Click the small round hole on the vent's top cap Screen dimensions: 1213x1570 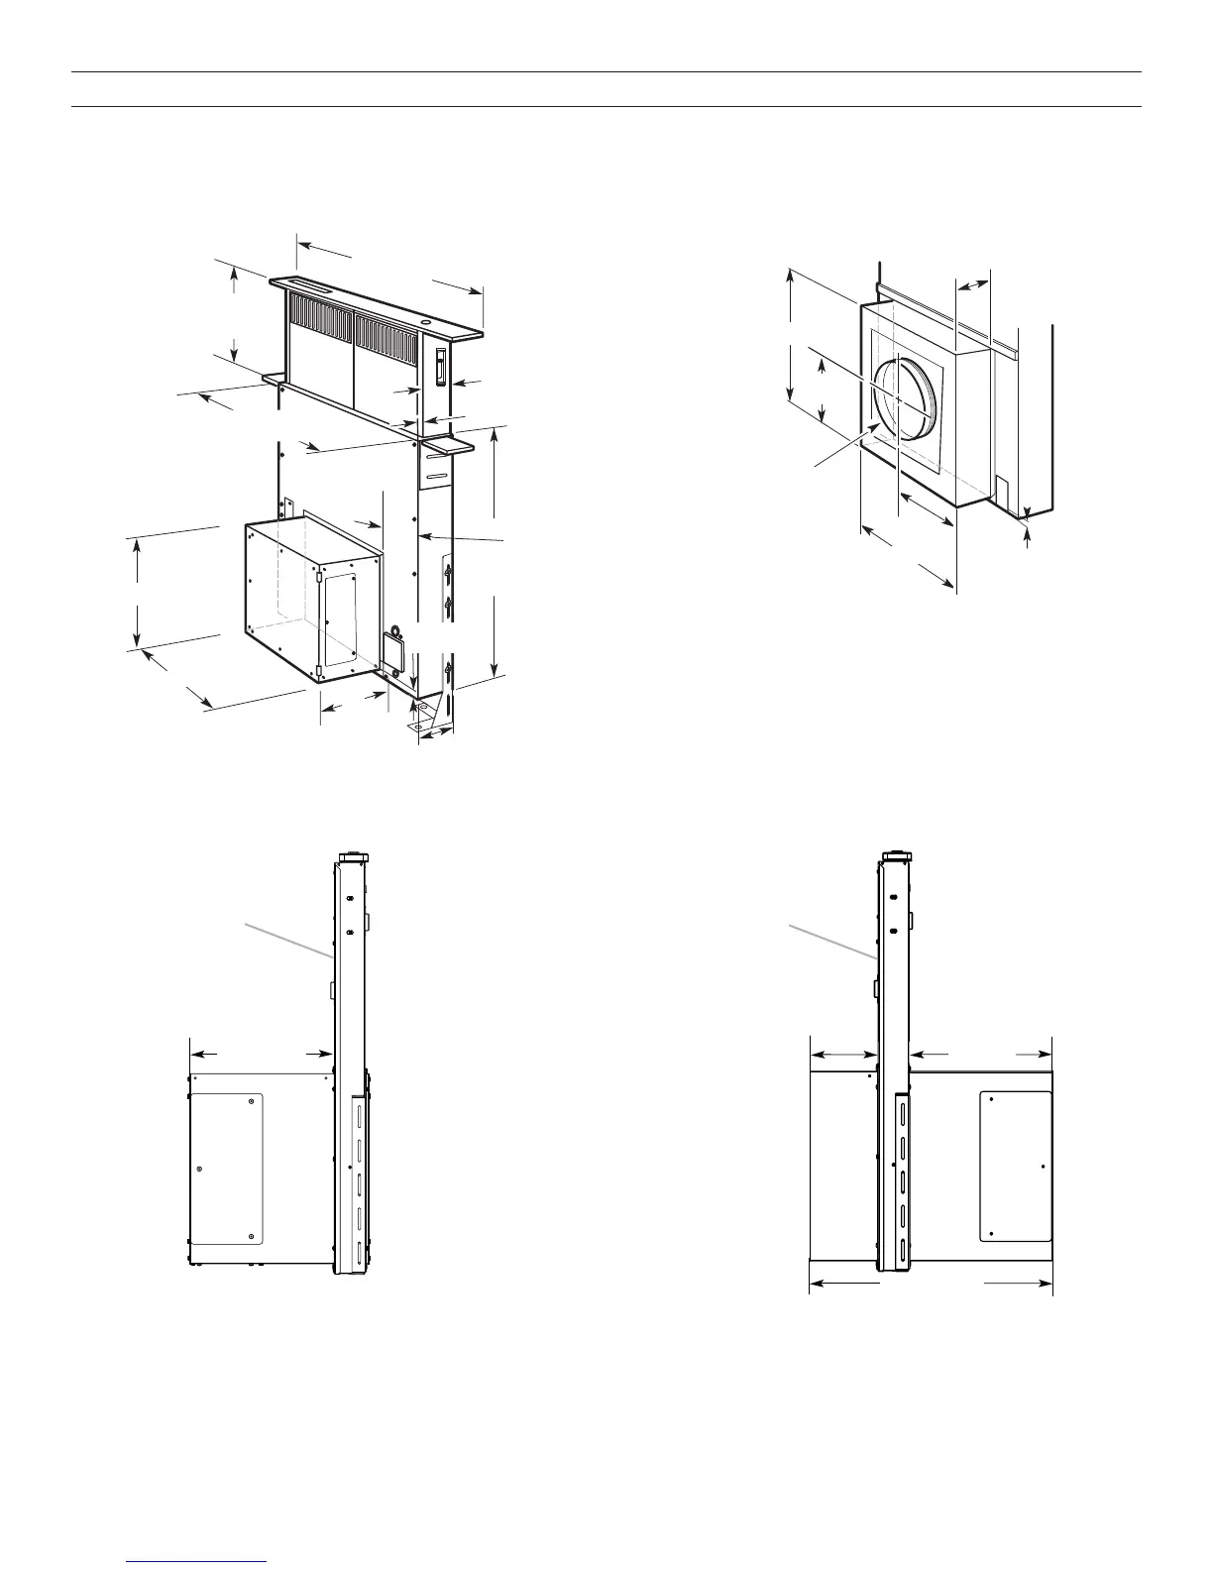click(x=425, y=321)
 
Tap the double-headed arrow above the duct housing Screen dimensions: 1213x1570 click(x=973, y=284)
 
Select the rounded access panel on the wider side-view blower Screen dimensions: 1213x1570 click(x=1016, y=1167)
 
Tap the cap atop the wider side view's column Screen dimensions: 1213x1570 click(x=896, y=856)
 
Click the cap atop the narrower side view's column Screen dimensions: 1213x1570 click(x=352, y=857)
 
